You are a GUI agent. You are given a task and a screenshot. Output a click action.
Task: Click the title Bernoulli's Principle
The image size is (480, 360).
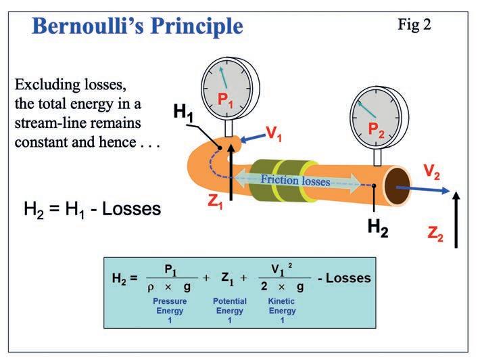pyautogui.click(x=137, y=26)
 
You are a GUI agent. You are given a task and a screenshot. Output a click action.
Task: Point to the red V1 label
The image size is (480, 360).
pyautogui.click(x=274, y=133)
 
